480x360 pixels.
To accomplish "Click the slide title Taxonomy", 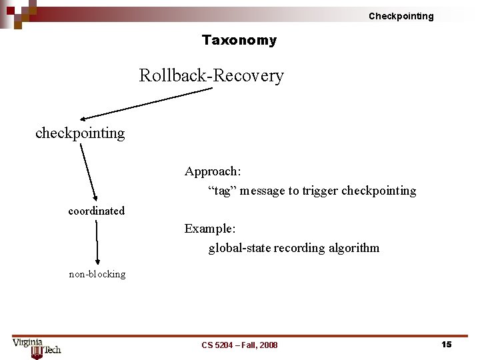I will (239, 40).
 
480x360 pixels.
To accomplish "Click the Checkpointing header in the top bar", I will (401, 16).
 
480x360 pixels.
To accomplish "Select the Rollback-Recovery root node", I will (211, 75).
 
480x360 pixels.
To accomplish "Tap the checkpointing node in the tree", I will (80, 133).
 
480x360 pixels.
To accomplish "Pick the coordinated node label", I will (96, 211).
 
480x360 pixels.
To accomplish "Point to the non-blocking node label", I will (97, 274).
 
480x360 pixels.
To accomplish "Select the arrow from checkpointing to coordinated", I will (89, 171).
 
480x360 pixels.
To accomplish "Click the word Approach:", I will (213, 171).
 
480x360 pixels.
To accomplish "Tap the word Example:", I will (210, 229).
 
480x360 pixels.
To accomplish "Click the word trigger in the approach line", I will (319, 191).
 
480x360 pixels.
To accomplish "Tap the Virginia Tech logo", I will (37, 348).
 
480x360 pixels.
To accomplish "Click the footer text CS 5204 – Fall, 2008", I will (239, 345).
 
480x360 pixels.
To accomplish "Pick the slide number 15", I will (446, 344).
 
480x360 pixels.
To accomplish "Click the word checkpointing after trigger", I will (379, 191).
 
